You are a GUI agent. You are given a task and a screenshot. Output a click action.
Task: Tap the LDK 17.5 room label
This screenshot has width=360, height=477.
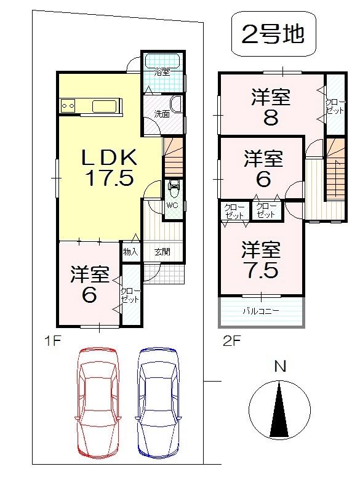coord(109,167)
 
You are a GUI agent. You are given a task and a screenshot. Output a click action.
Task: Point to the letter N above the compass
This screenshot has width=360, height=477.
coord(280,367)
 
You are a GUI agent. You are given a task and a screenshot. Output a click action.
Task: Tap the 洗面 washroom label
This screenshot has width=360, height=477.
coord(162,114)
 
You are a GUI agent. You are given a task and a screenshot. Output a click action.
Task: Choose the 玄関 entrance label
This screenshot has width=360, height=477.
coord(162,252)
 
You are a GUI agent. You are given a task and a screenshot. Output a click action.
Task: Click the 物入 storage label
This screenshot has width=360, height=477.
coord(130,252)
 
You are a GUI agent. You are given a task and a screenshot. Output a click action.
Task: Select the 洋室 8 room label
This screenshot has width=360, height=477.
coord(270,106)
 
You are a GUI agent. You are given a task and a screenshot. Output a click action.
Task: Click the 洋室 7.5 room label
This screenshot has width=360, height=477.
coord(260,260)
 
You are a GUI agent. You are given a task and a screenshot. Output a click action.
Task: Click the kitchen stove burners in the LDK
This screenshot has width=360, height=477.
coord(68,106)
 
